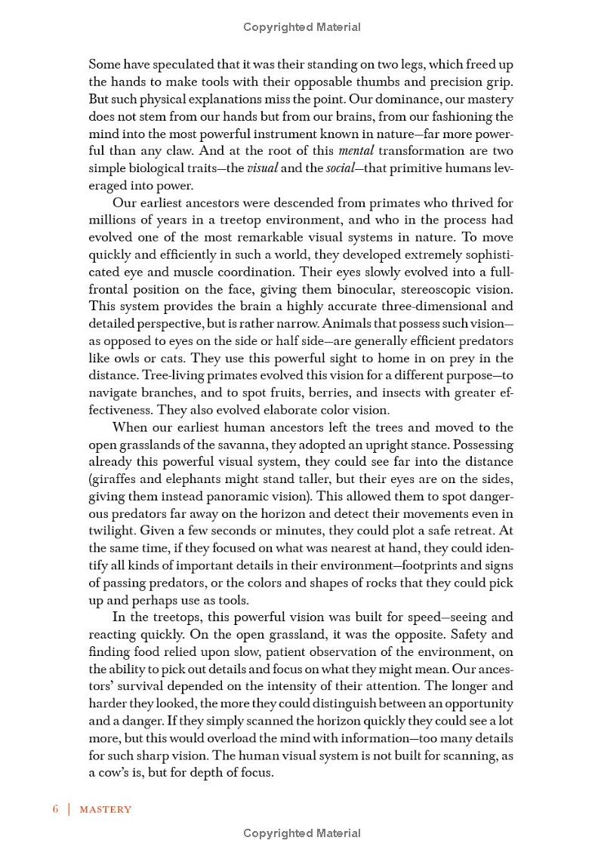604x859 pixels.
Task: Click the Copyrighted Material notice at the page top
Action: [x=302, y=27]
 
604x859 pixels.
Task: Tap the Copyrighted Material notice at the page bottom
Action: [x=302, y=833]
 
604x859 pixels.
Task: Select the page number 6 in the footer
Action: [x=56, y=809]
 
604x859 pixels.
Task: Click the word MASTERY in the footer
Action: [x=106, y=809]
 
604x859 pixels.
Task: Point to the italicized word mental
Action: [x=356, y=151]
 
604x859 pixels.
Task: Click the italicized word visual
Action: [x=263, y=168]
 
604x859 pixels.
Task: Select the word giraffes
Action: [x=119, y=479]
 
